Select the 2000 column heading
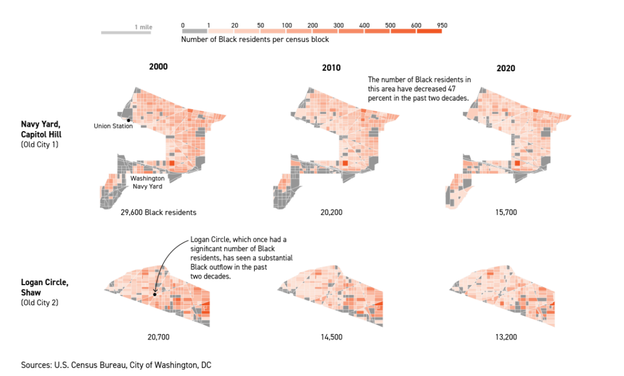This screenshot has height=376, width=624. [x=158, y=66]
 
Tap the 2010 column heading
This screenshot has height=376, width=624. [x=331, y=68]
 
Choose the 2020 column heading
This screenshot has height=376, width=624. [x=506, y=68]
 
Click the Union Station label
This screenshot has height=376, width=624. [x=113, y=126]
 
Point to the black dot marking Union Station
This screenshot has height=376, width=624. [x=129, y=120]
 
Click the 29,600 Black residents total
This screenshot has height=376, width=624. [x=158, y=213]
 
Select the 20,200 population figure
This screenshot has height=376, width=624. [x=331, y=213]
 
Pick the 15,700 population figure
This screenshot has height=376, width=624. [x=505, y=213]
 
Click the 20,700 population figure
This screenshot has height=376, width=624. [x=158, y=337]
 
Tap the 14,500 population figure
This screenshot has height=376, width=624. [x=331, y=337]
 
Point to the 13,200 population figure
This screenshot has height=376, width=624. [x=505, y=337]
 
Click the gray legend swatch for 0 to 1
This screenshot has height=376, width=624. [x=194, y=30]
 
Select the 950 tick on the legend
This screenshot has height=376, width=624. [x=442, y=25]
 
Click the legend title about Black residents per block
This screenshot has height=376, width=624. [x=255, y=40]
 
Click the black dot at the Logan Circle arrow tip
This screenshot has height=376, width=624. [x=155, y=294]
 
